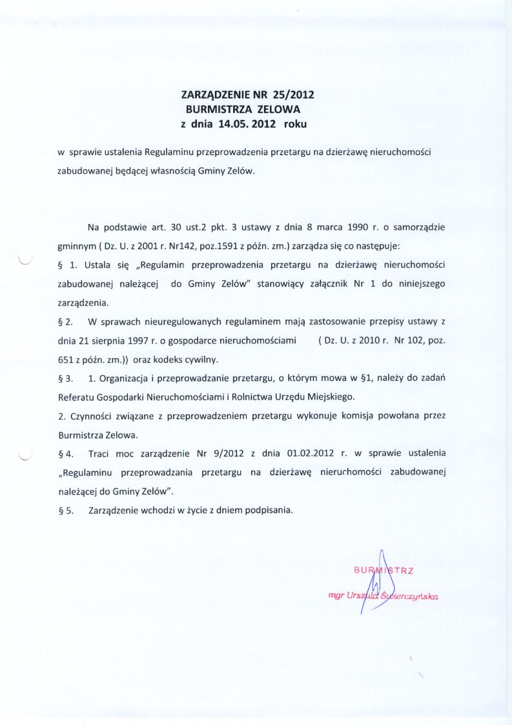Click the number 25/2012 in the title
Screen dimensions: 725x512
point(294,96)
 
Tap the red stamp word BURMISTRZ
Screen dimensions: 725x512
point(384,569)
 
